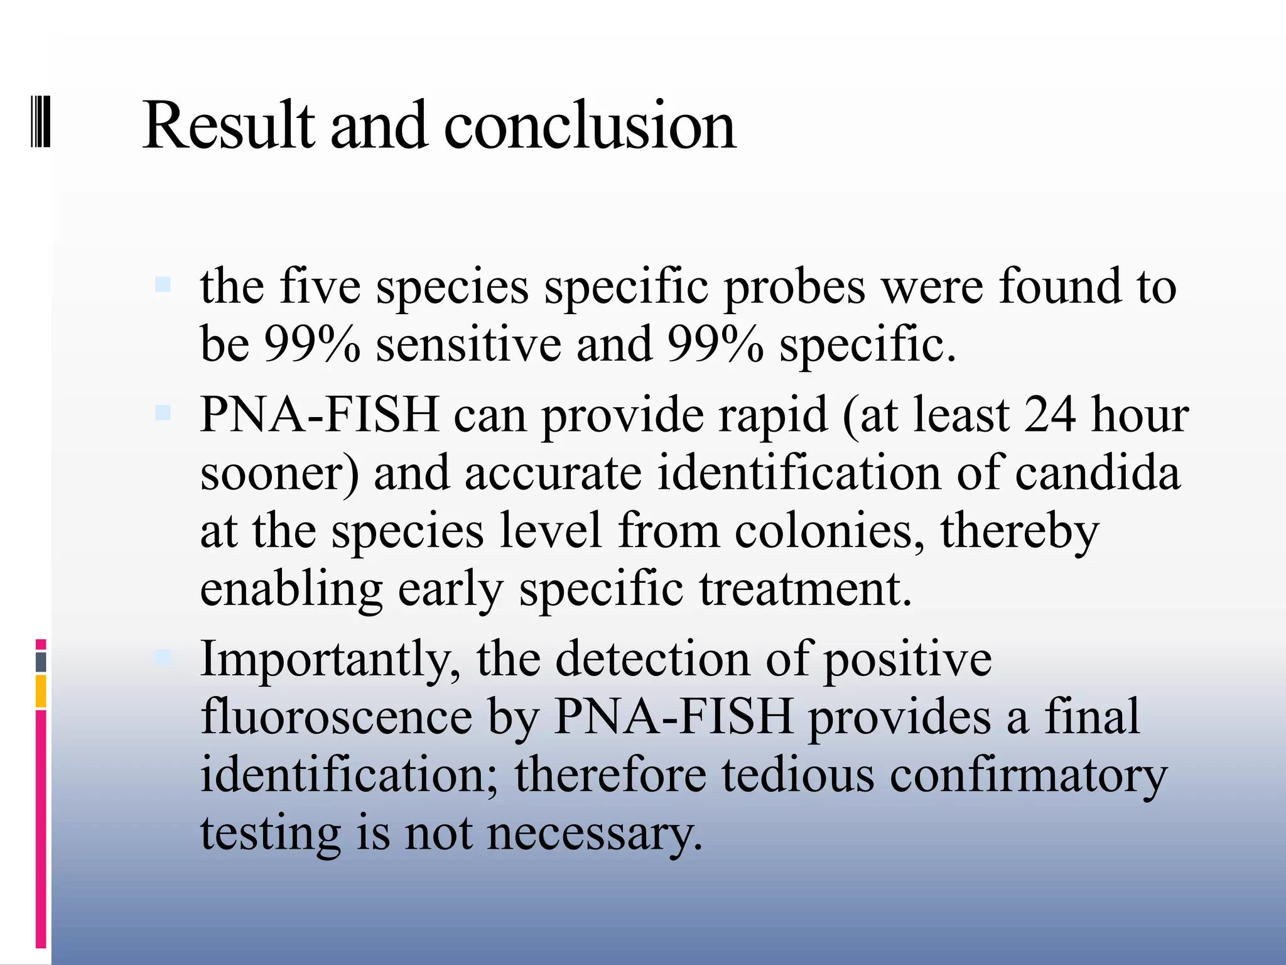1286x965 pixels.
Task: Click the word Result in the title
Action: [x=228, y=126]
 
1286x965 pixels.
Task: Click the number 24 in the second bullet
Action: [x=1049, y=415]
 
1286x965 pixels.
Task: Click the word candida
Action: [x=1097, y=472]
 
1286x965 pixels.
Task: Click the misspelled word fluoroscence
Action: [x=336, y=717]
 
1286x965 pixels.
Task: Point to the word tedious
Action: [x=797, y=775]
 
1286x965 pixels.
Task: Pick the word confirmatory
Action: [x=1028, y=775]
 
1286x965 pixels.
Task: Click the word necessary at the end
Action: [x=594, y=833]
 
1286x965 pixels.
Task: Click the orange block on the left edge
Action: [x=41, y=691]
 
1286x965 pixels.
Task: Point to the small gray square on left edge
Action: [x=41, y=662]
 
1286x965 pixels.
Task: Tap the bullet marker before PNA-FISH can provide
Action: [x=163, y=413]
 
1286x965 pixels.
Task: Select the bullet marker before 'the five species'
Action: [x=163, y=285]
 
